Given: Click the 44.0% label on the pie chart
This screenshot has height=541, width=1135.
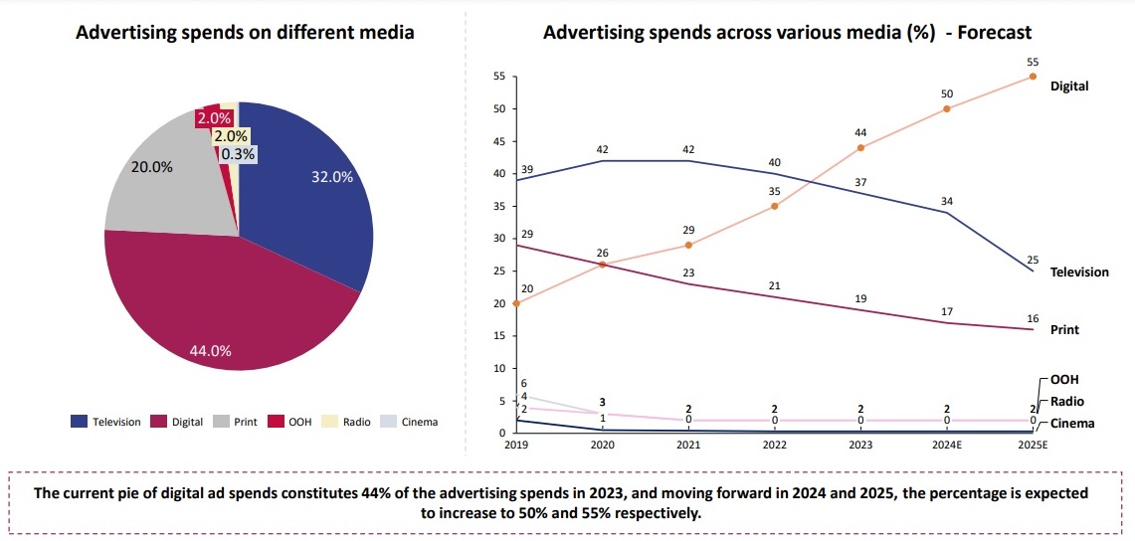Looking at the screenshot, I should point(210,350).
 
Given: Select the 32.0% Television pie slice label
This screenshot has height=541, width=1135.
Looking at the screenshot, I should point(331,177).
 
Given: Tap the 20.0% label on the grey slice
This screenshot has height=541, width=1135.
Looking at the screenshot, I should point(152,167).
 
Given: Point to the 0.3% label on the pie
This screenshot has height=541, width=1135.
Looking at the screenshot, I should point(238,154).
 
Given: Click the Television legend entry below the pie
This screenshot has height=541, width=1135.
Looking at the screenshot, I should point(105,422).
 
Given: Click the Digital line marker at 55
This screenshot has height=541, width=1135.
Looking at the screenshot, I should point(1033,77).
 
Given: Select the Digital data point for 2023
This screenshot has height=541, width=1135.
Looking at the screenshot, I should point(860,148).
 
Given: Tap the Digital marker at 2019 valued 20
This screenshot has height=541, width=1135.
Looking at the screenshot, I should point(515,303).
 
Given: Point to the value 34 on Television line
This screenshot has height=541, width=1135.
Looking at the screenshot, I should point(947,202).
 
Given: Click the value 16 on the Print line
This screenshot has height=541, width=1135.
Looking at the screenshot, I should point(1033,318).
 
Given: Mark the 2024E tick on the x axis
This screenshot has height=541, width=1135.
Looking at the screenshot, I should point(946,447).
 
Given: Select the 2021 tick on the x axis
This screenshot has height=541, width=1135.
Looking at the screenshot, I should point(687,447).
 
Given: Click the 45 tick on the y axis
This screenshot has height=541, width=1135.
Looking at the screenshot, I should point(499,141).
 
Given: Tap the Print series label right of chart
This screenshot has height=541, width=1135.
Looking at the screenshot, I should point(1064,329).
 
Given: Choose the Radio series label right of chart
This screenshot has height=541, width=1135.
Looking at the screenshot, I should point(1068,402).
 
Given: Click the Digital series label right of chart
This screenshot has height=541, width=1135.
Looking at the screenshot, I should point(1069,86).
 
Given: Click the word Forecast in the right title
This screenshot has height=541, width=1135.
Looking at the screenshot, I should point(996,33).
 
